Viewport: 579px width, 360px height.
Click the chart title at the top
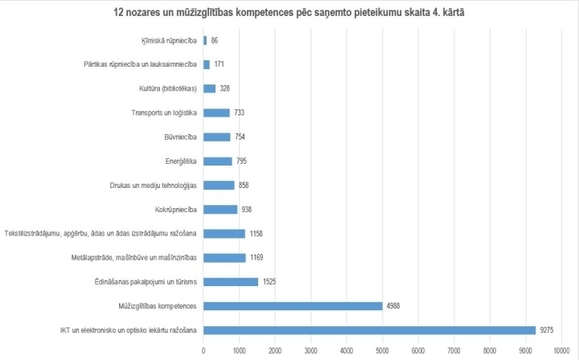click(x=289, y=14)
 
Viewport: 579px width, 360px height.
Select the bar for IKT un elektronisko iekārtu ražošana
click(x=369, y=329)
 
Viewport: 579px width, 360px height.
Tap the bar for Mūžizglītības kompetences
click(x=293, y=305)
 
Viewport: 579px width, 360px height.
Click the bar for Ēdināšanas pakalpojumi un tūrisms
click(x=231, y=281)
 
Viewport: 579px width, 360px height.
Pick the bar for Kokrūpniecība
click(x=220, y=209)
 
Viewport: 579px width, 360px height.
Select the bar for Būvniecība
click(x=217, y=137)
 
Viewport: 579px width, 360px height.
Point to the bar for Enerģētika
click(x=218, y=161)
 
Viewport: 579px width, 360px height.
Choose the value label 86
click(x=215, y=40)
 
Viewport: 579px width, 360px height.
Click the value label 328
click(x=225, y=88)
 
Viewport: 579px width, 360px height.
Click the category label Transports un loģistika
click(x=164, y=112)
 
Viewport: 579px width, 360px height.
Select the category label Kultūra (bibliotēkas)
click(x=167, y=88)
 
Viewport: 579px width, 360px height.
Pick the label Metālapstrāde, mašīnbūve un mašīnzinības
click(x=134, y=257)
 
